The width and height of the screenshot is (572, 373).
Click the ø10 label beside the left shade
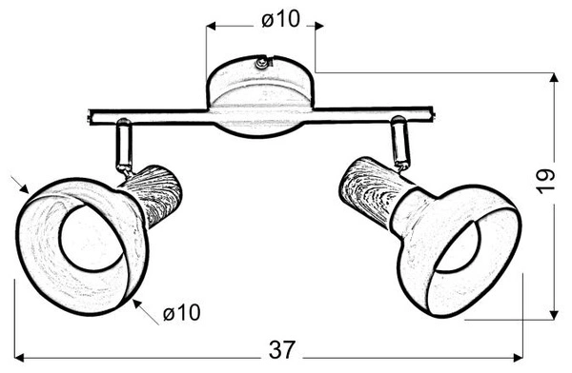(180, 313)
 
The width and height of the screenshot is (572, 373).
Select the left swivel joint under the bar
(122, 145)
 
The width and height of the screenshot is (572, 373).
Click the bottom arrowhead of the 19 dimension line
(557, 315)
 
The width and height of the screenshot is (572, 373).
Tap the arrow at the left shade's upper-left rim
(22, 186)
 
